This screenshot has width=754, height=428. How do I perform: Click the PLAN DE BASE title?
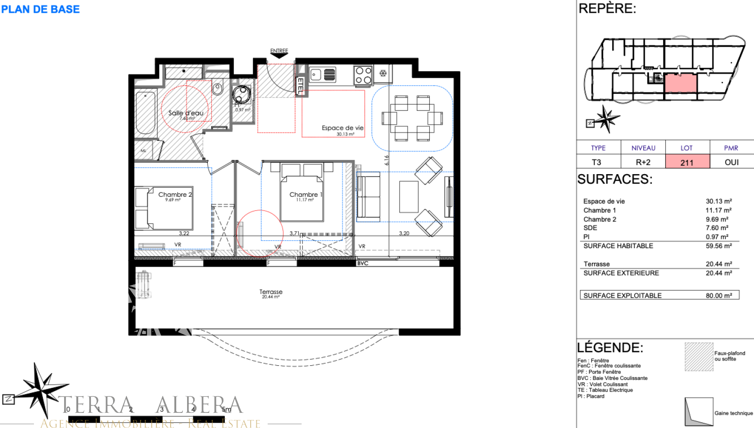[x=41, y=9]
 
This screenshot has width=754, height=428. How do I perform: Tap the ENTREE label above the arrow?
[x=279, y=50]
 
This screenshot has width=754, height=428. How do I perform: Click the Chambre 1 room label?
[x=306, y=194]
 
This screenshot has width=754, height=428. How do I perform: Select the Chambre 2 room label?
[x=175, y=194]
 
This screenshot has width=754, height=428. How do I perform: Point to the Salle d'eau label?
[x=186, y=113]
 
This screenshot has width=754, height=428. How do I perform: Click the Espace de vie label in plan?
[x=343, y=128]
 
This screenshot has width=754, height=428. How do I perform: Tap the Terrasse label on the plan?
[x=271, y=292]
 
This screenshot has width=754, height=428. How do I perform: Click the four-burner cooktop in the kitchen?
[x=363, y=76]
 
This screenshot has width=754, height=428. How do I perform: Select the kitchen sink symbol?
[x=323, y=75]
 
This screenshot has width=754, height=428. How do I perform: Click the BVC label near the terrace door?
[x=362, y=263]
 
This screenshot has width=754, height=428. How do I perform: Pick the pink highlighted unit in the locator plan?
[x=680, y=83]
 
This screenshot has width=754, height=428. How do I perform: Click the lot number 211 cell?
[x=687, y=162]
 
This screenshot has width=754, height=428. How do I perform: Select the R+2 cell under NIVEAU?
[x=643, y=162]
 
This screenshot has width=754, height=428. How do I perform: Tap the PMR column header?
[x=731, y=148]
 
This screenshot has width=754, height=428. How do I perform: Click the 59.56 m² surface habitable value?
[x=719, y=246]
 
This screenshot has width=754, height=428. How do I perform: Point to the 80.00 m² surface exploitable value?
[x=719, y=295]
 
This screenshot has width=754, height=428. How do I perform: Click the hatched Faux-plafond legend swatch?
[x=699, y=357]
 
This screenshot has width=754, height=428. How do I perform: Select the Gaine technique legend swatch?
[x=699, y=412]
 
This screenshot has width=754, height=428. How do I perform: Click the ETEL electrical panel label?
[x=300, y=86]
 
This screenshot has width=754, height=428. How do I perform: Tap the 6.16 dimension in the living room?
[x=386, y=160]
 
